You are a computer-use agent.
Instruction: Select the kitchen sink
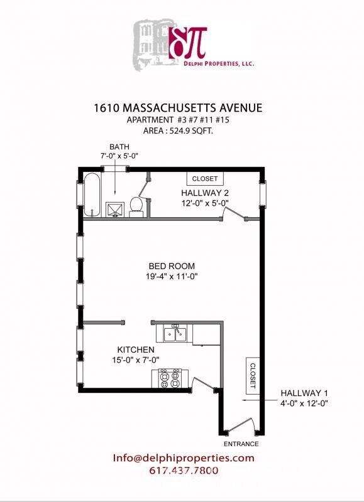click(x=174, y=333)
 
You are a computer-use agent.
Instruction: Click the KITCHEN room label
click(x=136, y=350)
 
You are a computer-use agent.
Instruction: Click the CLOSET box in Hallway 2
click(x=204, y=178)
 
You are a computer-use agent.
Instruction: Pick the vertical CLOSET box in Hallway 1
click(x=253, y=375)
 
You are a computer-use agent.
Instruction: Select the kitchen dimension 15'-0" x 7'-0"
click(x=136, y=360)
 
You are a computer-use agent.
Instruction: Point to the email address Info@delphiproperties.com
click(x=184, y=458)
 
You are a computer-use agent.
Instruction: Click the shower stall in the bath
click(x=114, y=209)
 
